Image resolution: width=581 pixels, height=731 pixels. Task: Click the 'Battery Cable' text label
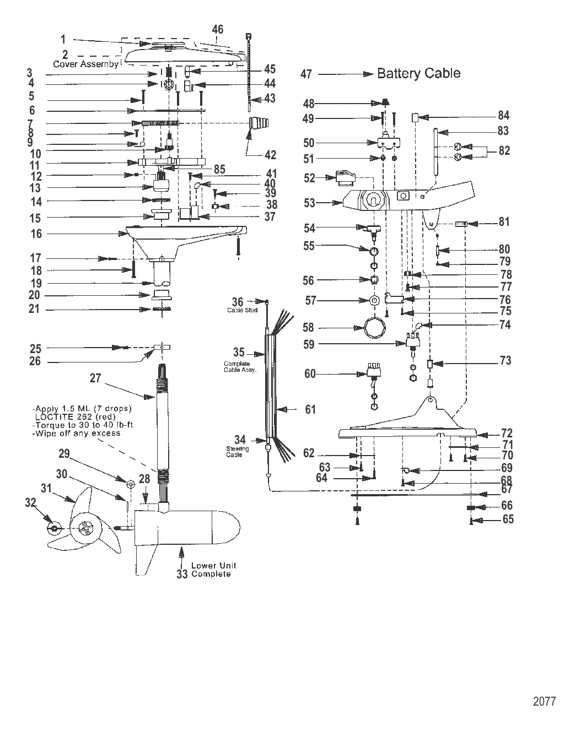tap(418, 73)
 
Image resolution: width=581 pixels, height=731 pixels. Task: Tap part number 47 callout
tap(306, 74)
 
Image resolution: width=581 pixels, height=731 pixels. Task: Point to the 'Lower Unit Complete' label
tap(211, 570)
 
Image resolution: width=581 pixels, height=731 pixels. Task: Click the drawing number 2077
tap(544, 701)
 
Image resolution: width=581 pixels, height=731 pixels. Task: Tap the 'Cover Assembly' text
tap(85, 64)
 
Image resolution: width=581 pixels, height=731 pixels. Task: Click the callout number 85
tap(219, 170)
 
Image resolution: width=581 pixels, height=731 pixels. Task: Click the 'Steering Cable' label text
tap(238, 452)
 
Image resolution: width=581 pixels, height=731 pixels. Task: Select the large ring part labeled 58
tap(374, 328)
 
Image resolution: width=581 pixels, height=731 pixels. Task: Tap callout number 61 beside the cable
tap(310, 409)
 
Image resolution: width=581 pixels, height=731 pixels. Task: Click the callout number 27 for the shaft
tap(95, 378)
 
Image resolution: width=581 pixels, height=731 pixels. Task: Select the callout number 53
tap(309, 203)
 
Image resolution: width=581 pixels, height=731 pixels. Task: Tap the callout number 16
tap(36, 234)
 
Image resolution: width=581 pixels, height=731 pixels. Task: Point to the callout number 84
tap(504, 116)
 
